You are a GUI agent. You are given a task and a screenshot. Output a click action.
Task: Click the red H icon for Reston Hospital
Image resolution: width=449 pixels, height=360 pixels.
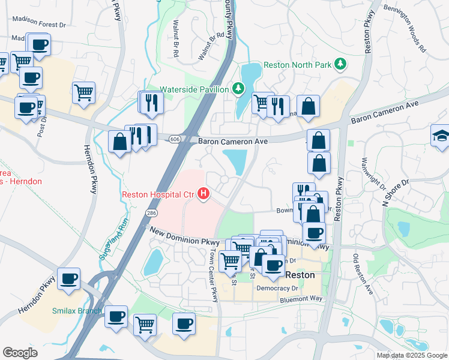click(x=204, y=194)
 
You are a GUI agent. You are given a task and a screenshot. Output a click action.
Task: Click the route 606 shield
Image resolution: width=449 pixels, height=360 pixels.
click(x=174, y=139)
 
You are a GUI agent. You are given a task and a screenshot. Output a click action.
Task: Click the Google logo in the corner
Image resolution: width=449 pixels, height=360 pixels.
click(x=20, y=353)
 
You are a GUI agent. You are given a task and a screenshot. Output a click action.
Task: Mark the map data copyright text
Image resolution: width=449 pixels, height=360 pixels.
click(x=411, y=355)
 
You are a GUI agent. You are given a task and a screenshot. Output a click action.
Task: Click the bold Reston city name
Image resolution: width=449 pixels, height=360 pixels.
click(x=300, y=274)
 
